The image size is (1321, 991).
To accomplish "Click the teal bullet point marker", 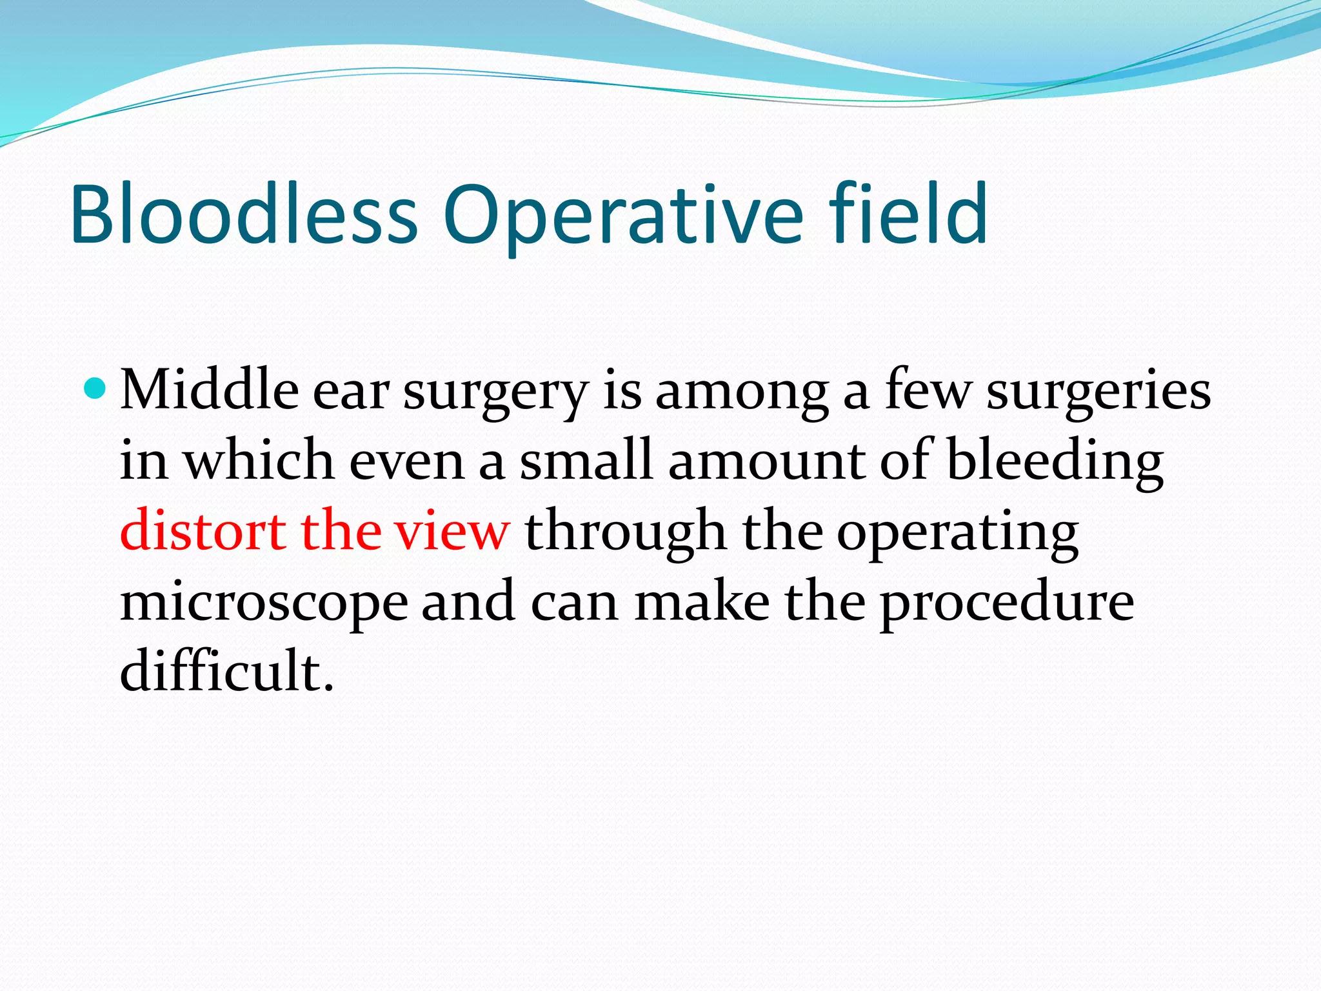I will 95,388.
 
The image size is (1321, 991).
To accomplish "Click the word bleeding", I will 1055,462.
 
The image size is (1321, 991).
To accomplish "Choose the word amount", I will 768,462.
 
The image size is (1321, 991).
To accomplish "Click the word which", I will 259,461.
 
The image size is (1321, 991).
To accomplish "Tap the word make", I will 702,601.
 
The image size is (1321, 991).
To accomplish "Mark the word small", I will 586,461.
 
